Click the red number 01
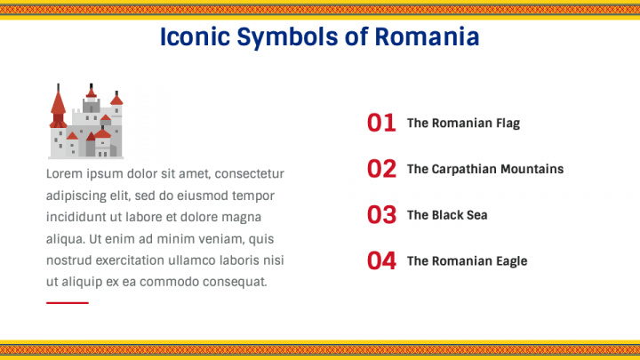click(x=381, y=123)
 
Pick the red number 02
click(x=381, y=169)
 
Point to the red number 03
click(x=381, y=215)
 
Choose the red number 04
click(x=381, y=261)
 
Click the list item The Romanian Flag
click(x=463, y=124)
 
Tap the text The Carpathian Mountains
click(x=485, y=169)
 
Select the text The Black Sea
click(x=447, y=215)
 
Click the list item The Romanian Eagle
click(x=467, y=261)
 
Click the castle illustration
click(x=85, y=123)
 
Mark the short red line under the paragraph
click(x=68, y=303)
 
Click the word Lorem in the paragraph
click(x=63, y=173)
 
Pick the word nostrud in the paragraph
click(x=68, y=260)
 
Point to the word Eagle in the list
click(x=510, y=261)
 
